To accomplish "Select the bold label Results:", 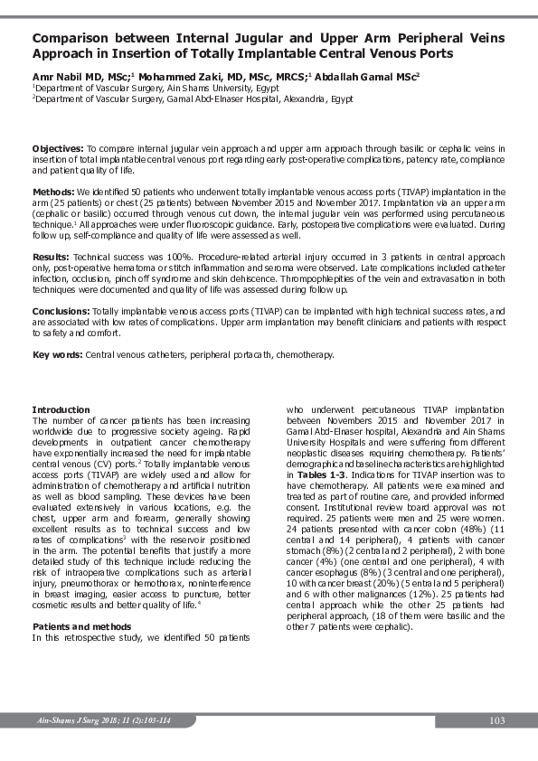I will click(52, 258).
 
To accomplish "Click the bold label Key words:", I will click(58, 354).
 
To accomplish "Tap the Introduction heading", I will click(61, 410).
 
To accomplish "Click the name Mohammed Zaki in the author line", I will click(178, 78).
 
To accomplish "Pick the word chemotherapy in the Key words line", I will click(304, 354).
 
